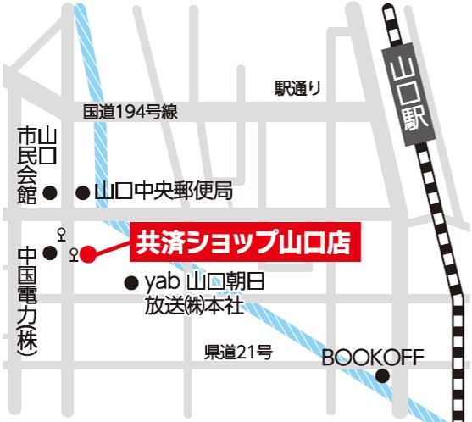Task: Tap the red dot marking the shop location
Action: tap(88, 254)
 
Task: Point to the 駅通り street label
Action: tap(298, 86)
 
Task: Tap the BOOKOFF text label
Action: tap(372, 357)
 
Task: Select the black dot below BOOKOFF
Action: tap(383, 376)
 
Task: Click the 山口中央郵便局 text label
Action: tap(163, 192)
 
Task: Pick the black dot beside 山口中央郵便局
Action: tap(82, 193)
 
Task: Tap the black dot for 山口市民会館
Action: tap(50, 192)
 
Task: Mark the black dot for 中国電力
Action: tap(50, 253)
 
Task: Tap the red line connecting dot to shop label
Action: tap(110, 247)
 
